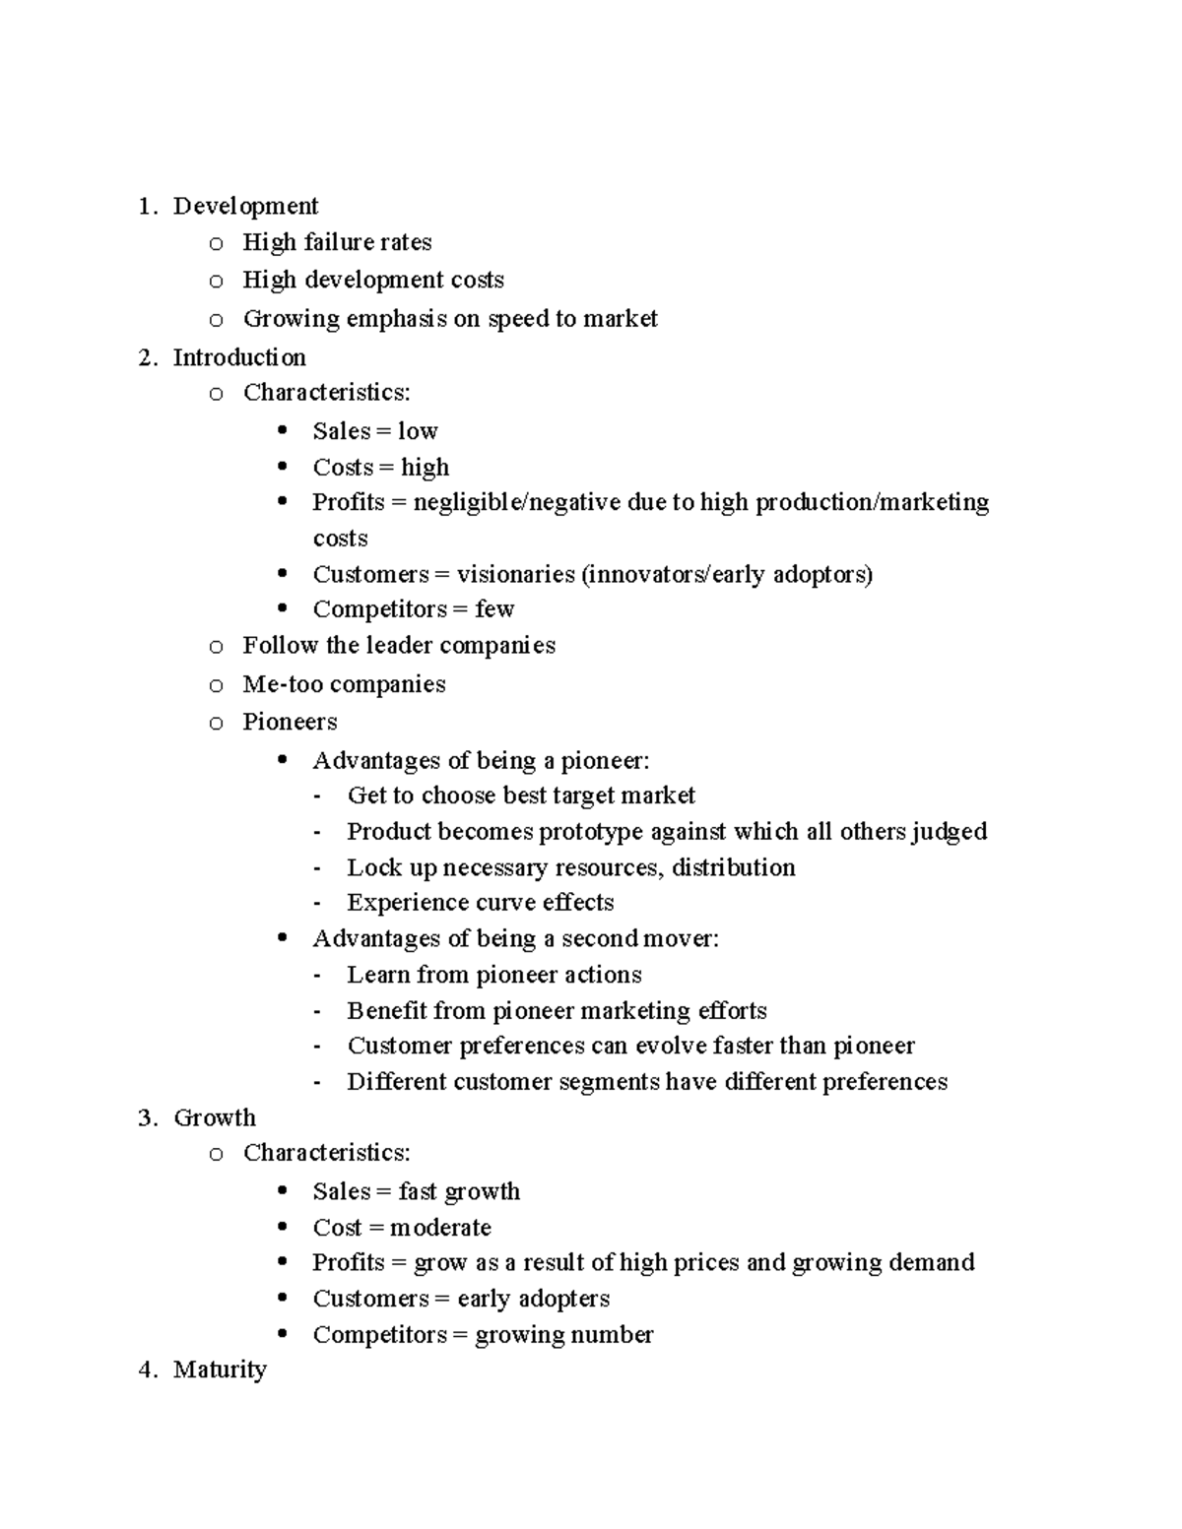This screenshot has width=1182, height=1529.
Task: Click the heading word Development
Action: click(245, 206)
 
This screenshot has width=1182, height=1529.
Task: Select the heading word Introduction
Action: click(239, 357)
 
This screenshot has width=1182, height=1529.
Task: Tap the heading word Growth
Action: click(214, 1117)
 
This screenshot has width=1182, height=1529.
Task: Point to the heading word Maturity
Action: click(220, 1370)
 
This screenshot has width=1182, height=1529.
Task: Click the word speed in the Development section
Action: click(518, 319)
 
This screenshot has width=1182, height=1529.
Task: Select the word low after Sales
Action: click(418, 431)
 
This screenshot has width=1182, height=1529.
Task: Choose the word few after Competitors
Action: click(494, 609)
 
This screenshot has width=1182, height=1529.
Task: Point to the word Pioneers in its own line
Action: click(290, 722)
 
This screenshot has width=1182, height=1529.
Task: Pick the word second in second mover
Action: click(600, 938)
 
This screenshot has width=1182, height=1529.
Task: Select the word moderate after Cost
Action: click(440, 1228)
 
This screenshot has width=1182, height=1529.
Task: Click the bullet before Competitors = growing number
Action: click(283, 1334)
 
